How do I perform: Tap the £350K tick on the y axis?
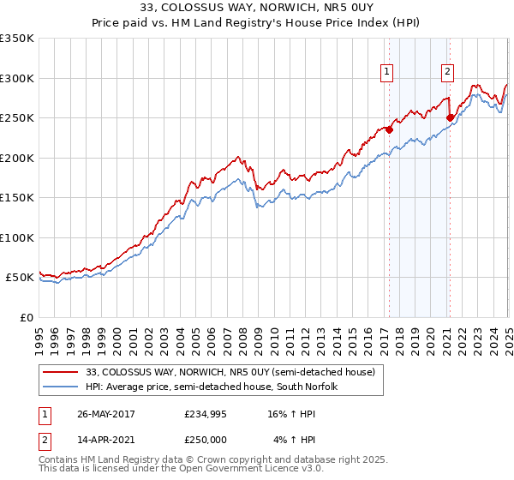point(17,39)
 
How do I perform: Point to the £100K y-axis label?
point(17,237)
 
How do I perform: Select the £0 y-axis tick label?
point(26,317)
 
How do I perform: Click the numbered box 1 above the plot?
point(388,73)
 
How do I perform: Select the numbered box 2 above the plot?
point(448,73)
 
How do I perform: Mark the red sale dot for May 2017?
point(389,130)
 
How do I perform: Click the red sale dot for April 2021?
point(450,118)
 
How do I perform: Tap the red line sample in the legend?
point(63,372)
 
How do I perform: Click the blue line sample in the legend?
point(63,387)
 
